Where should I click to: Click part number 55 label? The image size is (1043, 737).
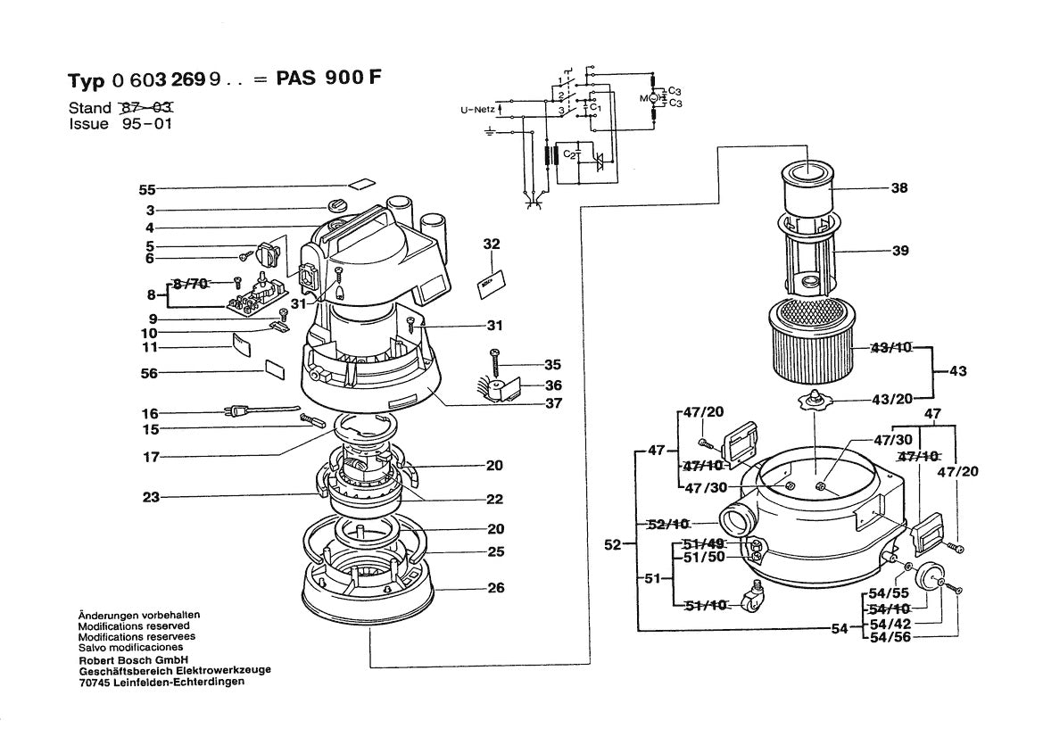pyautogui.click(x=147, y=189)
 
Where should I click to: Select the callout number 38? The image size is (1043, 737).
pyautogui.click(x=898, y=189)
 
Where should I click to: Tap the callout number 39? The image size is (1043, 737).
pyautogui.click(x=899, y=251)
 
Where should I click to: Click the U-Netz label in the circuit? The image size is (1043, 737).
pyautogui.click(x=477, y=111)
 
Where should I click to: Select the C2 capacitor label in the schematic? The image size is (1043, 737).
pyautogui.click(x=568, y=155)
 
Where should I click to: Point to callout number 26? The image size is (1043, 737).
pyautogui.click(x=495, y=587)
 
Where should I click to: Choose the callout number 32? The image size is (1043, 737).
pyautogui.click(x=492, y=244)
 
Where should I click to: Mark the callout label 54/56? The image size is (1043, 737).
pyautogui.click(x=890, y=637)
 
